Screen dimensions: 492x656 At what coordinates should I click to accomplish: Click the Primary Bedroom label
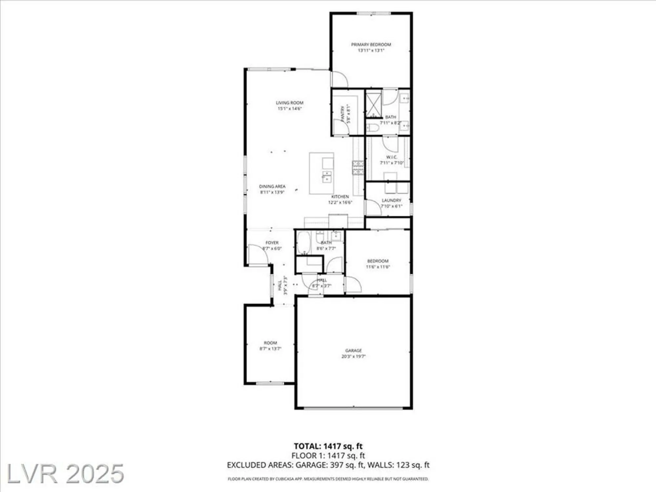point(371,44)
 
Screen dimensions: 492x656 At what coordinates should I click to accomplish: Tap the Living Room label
point(289,103)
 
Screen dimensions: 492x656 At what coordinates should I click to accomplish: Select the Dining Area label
point(272,186)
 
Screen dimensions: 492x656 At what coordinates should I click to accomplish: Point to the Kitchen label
point(340,196)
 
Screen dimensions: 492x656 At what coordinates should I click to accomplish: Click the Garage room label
point(353,350)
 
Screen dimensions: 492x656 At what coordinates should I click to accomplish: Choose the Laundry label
point(391,200)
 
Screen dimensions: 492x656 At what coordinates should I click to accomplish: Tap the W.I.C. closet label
point(392,157)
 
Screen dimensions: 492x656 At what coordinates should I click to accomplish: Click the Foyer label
point(272,243)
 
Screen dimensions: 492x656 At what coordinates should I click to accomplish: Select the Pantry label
point(343,114)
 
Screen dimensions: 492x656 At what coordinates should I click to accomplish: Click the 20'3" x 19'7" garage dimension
point(353,356)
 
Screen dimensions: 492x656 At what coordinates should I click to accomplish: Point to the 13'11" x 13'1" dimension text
point(371,51)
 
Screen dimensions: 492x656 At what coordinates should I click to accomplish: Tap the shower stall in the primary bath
point(374,104)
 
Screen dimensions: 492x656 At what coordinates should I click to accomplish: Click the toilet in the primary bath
point(372,128)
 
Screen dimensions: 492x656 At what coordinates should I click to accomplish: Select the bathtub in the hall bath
point(303,242)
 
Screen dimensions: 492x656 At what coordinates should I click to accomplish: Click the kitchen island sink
point(327,176)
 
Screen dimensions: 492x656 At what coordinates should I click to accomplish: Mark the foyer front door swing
point(257,254)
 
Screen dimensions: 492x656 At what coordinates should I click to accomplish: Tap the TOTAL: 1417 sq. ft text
point(328,446)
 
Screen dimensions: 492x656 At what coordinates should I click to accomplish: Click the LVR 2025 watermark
point(65,473)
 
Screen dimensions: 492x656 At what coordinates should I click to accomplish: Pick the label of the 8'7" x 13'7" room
point(270,343)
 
